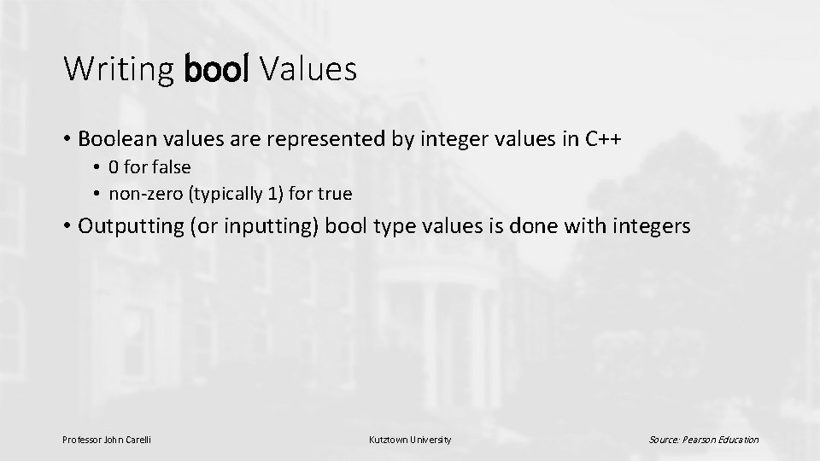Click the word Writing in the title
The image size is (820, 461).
[119, 69]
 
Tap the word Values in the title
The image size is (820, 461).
[308, 69]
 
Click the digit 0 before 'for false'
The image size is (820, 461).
[114, 167]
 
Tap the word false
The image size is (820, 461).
[171, 167]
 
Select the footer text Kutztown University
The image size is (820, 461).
[409, 440]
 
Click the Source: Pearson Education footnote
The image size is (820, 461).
[703, 440]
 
